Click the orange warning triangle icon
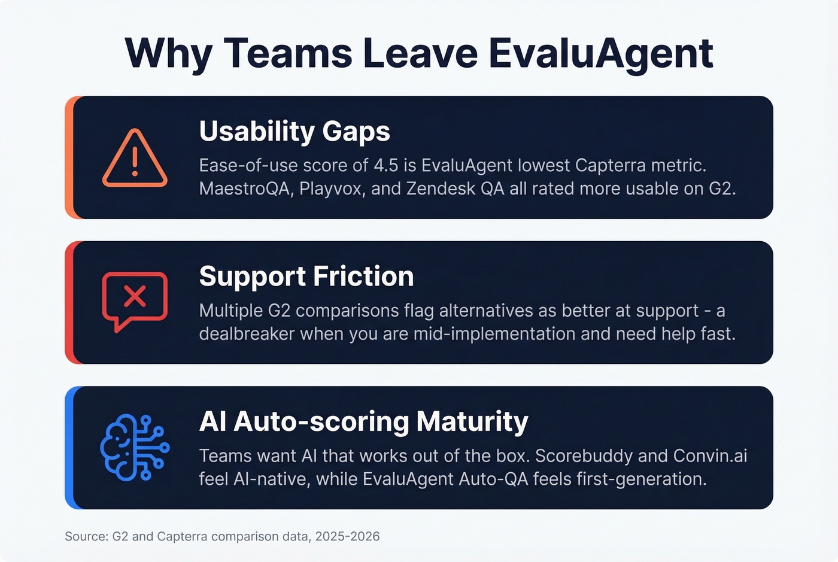[x=135, y=158]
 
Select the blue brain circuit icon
[x=135, y=448]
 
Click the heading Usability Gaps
[x=294, y=131]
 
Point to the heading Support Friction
[x=306, y=277]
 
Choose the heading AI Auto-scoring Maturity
[x=363, y=421]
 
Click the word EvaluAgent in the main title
[x=600, y=53]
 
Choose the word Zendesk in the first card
[x=432, y=189]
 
